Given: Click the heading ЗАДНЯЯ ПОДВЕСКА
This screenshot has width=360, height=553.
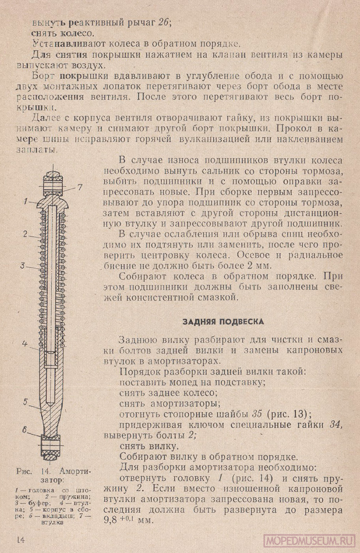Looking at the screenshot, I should point(223,322).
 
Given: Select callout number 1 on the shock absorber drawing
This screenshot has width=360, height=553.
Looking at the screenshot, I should point(25,201).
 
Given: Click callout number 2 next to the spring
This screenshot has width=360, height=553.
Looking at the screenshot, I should point(25,234).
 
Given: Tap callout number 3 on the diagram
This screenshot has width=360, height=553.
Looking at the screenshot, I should point(23,265).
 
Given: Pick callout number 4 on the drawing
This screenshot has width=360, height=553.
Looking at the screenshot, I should point(24,343).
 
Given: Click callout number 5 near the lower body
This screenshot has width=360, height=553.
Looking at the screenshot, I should point(25,402).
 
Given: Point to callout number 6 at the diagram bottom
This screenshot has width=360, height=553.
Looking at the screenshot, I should point(24,430).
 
